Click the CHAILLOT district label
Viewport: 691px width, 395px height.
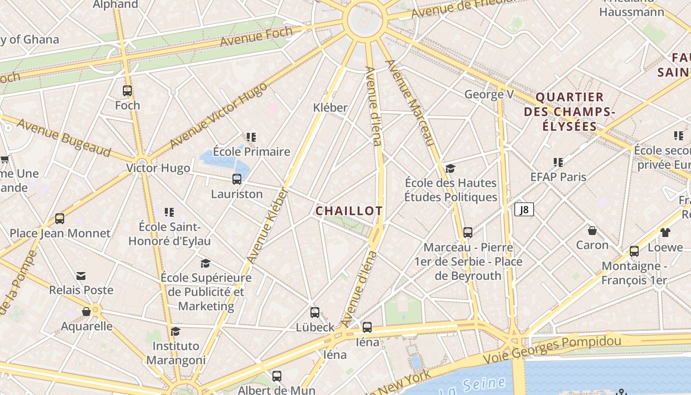click(349, 211)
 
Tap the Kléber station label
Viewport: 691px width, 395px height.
click(330, 107)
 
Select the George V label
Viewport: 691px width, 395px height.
click(489, 94)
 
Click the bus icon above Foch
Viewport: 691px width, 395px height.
click(127, 91)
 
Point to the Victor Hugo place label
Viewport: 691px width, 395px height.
click(158, 168)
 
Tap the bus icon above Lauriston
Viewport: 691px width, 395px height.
click(237, 179)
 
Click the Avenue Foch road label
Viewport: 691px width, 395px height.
click(256, 37)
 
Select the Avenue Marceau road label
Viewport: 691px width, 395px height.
click(410, 103)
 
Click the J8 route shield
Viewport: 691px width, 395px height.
click(524, 210)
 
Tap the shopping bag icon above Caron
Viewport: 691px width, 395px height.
click(592, 231)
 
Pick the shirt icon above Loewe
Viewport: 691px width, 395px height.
click(665, 232)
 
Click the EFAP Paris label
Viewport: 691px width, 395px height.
click(558, 177)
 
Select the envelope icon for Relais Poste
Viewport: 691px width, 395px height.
click(81, 276)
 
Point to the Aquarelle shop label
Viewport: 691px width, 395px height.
click(86, 326)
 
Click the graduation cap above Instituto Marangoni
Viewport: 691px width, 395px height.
click(176, 331)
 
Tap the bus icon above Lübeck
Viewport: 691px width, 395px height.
click(315, 313)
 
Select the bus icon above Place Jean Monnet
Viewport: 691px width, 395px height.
click(60, 219)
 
